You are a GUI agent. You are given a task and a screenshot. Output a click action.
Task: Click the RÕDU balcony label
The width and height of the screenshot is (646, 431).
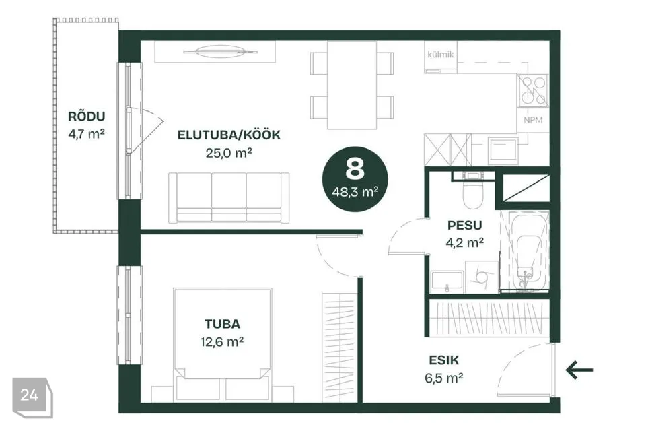coord(87,117)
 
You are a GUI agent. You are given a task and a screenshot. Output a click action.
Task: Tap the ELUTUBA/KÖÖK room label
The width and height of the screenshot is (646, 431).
coord(229,135)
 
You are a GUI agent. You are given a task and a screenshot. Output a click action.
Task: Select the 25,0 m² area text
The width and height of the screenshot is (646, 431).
coord(229,153)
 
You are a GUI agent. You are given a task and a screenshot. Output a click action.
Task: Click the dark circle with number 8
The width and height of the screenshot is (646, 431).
coord(355,179)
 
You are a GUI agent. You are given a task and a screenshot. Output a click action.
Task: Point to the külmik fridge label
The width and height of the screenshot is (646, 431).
coord(440,54)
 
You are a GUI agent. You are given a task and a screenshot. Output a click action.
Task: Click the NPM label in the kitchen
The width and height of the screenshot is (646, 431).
coord(533,120)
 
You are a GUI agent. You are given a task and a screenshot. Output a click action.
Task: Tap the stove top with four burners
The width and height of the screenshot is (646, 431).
coord(533,91)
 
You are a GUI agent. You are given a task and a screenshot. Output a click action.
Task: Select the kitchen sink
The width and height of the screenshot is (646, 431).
coord(503,151)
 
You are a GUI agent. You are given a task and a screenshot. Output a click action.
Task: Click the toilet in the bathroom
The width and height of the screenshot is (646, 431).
coord(472,193)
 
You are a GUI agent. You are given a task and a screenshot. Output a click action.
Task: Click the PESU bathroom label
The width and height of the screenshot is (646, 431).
coord(465,225)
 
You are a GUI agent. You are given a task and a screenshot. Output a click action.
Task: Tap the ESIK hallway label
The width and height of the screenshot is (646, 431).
coord(443,360)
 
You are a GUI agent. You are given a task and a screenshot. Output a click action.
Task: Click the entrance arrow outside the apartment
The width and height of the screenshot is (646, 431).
coord(579,370)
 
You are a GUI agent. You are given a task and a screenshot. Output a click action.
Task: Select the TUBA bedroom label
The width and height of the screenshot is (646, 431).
coord(222,324)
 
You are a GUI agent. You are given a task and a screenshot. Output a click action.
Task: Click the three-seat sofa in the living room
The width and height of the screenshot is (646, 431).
coord(229,197)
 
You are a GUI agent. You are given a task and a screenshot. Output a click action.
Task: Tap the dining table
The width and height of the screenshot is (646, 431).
coord(352,85)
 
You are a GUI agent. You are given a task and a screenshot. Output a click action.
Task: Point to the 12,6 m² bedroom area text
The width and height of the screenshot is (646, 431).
coord(222,342)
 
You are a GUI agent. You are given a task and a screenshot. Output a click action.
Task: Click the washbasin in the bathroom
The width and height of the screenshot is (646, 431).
coord(447,282)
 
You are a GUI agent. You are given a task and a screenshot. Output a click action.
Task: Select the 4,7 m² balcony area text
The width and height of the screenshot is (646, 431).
coord(87,134)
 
